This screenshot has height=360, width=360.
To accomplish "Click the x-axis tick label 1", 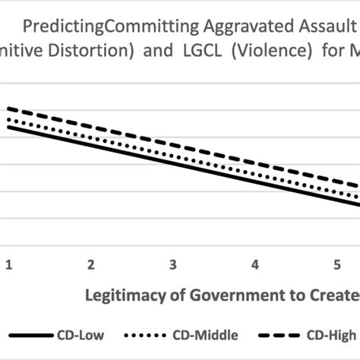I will click(x=9, y=264).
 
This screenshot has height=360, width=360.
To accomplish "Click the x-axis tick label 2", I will click(x=91, y=264).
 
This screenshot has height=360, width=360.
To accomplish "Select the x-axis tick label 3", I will click(x=173, y=264).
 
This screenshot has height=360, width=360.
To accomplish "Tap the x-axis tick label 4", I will click(x=255, y=264).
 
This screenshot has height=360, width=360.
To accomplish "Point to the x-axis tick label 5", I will click(x=337, y=264).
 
